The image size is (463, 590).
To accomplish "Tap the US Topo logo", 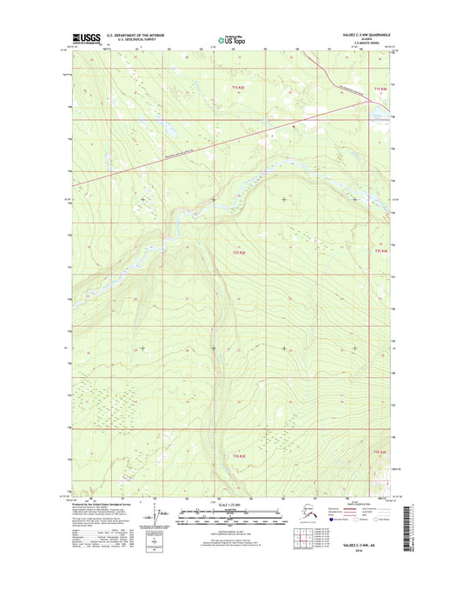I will pyautogui.click(x=230, y=38).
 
